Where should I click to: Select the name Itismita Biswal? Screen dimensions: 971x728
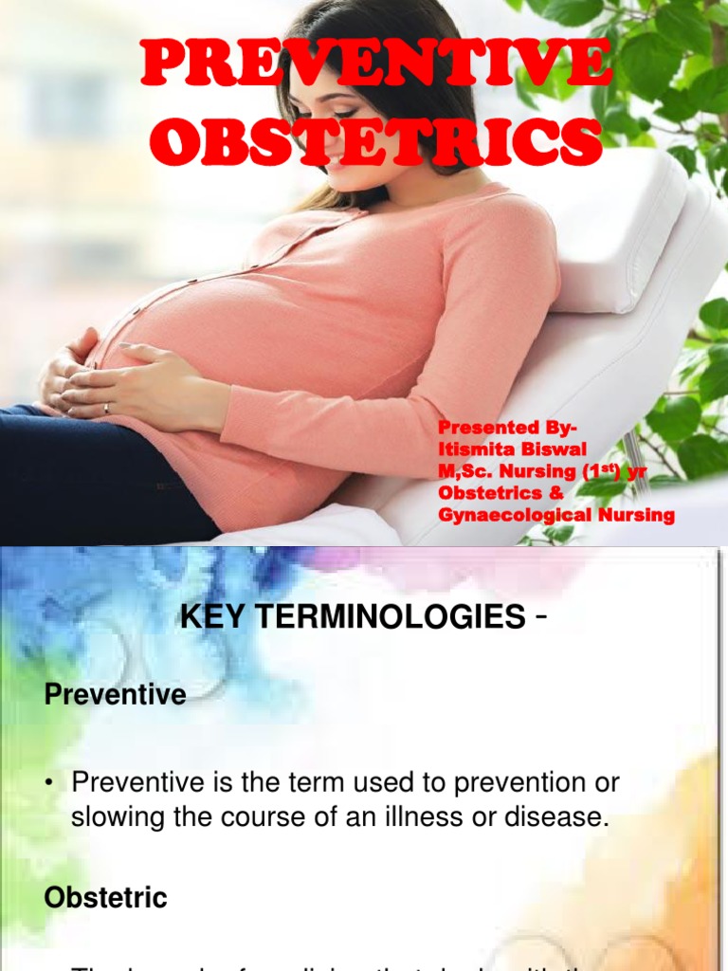point(512,449)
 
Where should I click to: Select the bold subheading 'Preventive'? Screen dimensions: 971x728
point(115,695)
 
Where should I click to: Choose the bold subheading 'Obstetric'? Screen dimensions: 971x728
point(106,898)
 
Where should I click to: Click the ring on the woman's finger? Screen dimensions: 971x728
point(106,408)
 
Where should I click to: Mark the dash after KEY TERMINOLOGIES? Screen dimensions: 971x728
point(541,618)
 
